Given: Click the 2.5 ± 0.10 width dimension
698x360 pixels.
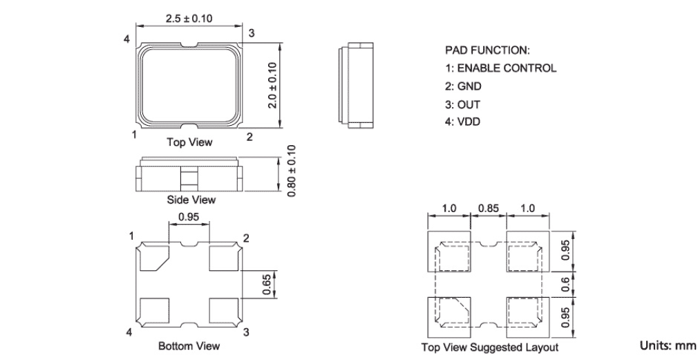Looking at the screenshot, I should pyautogui.click(x=189, y=19).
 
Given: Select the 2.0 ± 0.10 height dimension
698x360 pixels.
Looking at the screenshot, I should pyautogui.click(x=272, y=85).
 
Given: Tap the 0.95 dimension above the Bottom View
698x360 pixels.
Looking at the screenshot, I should pyautogui.click(x=189, y=217).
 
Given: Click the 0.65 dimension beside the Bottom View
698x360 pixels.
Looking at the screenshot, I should pyautogui.click(x=266, y=284).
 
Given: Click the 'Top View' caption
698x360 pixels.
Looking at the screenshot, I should pyautogui.click(x=189, y=142).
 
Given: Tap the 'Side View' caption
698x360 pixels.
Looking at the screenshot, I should pyautogui.click(x=191, y=200).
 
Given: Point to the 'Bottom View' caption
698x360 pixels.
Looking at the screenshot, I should pyautogui.click(x=189, y=345).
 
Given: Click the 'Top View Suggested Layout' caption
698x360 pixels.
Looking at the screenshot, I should pyautogui.click(x=490, y=347).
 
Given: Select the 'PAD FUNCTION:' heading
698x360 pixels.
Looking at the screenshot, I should pyautogui.click(x=487, y=50).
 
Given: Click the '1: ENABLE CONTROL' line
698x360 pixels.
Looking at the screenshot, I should pyautogui.click(x=500, y=68).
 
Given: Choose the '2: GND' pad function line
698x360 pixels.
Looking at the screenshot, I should pyautogui.click(x=464, y=86).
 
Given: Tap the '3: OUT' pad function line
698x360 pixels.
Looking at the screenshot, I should pyautogui.click(x=463, y=104).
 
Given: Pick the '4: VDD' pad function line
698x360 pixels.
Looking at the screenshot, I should pyautogui.click(x=463, y=122).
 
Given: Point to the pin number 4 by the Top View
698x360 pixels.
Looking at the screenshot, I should pyautogui.click(x=127, y=38).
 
